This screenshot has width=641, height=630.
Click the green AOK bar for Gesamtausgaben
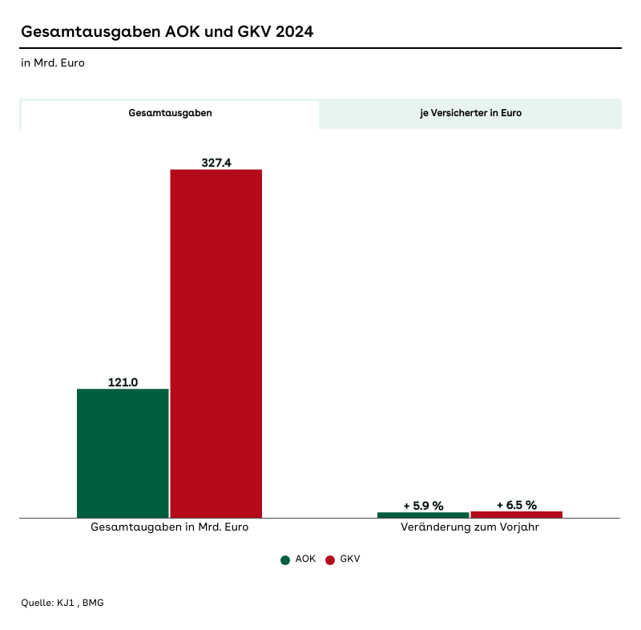pos(123,453)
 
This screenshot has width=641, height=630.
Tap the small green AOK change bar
pos(423,515)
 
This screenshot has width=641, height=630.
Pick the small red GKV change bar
pos(516,514)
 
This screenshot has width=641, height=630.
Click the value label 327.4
pos(216,163)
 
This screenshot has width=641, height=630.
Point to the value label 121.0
pos(123,382)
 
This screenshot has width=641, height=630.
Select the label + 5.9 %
pos(423,506)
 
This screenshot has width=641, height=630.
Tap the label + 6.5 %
pos(516,505)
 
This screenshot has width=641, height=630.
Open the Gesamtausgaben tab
pos(170,114)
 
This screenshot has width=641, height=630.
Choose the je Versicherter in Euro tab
pos(470,114)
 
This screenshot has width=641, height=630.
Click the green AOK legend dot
pos(285,559)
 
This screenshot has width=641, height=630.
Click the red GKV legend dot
pos(330,559)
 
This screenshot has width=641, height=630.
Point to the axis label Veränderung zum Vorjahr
pos(470,528)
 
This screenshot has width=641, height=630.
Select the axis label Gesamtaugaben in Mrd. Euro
pos(170,528)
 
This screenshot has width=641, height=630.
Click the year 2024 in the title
pos(292,32)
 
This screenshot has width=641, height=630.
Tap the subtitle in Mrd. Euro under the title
pos(53,63)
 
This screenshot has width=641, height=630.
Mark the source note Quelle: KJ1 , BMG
pos(62,603)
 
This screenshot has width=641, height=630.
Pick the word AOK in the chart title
pos(180,32)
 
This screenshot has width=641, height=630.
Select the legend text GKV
pos(350,559)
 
